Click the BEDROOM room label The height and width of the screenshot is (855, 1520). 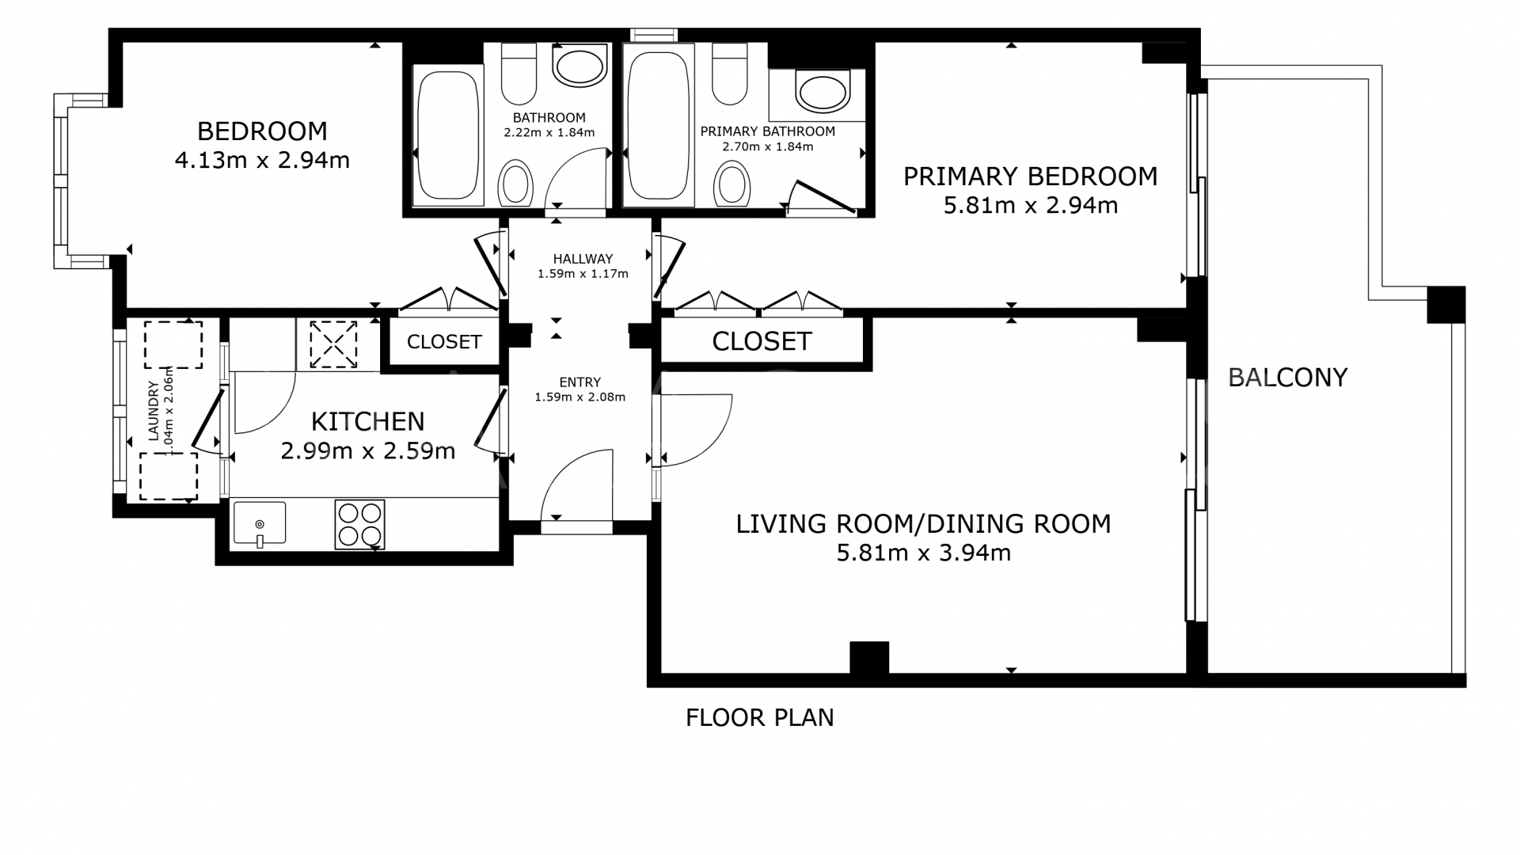point(262,131)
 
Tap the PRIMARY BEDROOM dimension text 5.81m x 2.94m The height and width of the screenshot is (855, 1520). point(1031,206)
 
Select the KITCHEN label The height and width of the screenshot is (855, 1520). point(367,421)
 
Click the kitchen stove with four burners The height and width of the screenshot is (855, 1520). point(360,524)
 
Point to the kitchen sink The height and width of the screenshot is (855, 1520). point(260,523)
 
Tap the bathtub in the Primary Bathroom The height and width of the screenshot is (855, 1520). point(659,127)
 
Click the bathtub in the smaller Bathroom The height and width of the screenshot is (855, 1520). point(447,137)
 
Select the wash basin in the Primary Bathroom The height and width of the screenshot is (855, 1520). point(822,92)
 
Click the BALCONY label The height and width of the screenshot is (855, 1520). point(1287,378)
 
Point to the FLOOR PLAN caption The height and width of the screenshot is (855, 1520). point(760,717)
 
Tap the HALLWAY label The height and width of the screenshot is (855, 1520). point(583,259)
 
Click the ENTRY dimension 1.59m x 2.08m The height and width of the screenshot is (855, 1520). point(580,397)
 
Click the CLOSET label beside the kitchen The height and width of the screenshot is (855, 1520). point(444,342)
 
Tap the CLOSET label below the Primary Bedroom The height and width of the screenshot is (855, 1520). point(762,341)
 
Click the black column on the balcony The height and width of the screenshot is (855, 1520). point(1446,305)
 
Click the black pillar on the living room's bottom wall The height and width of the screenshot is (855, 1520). point(869,657)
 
